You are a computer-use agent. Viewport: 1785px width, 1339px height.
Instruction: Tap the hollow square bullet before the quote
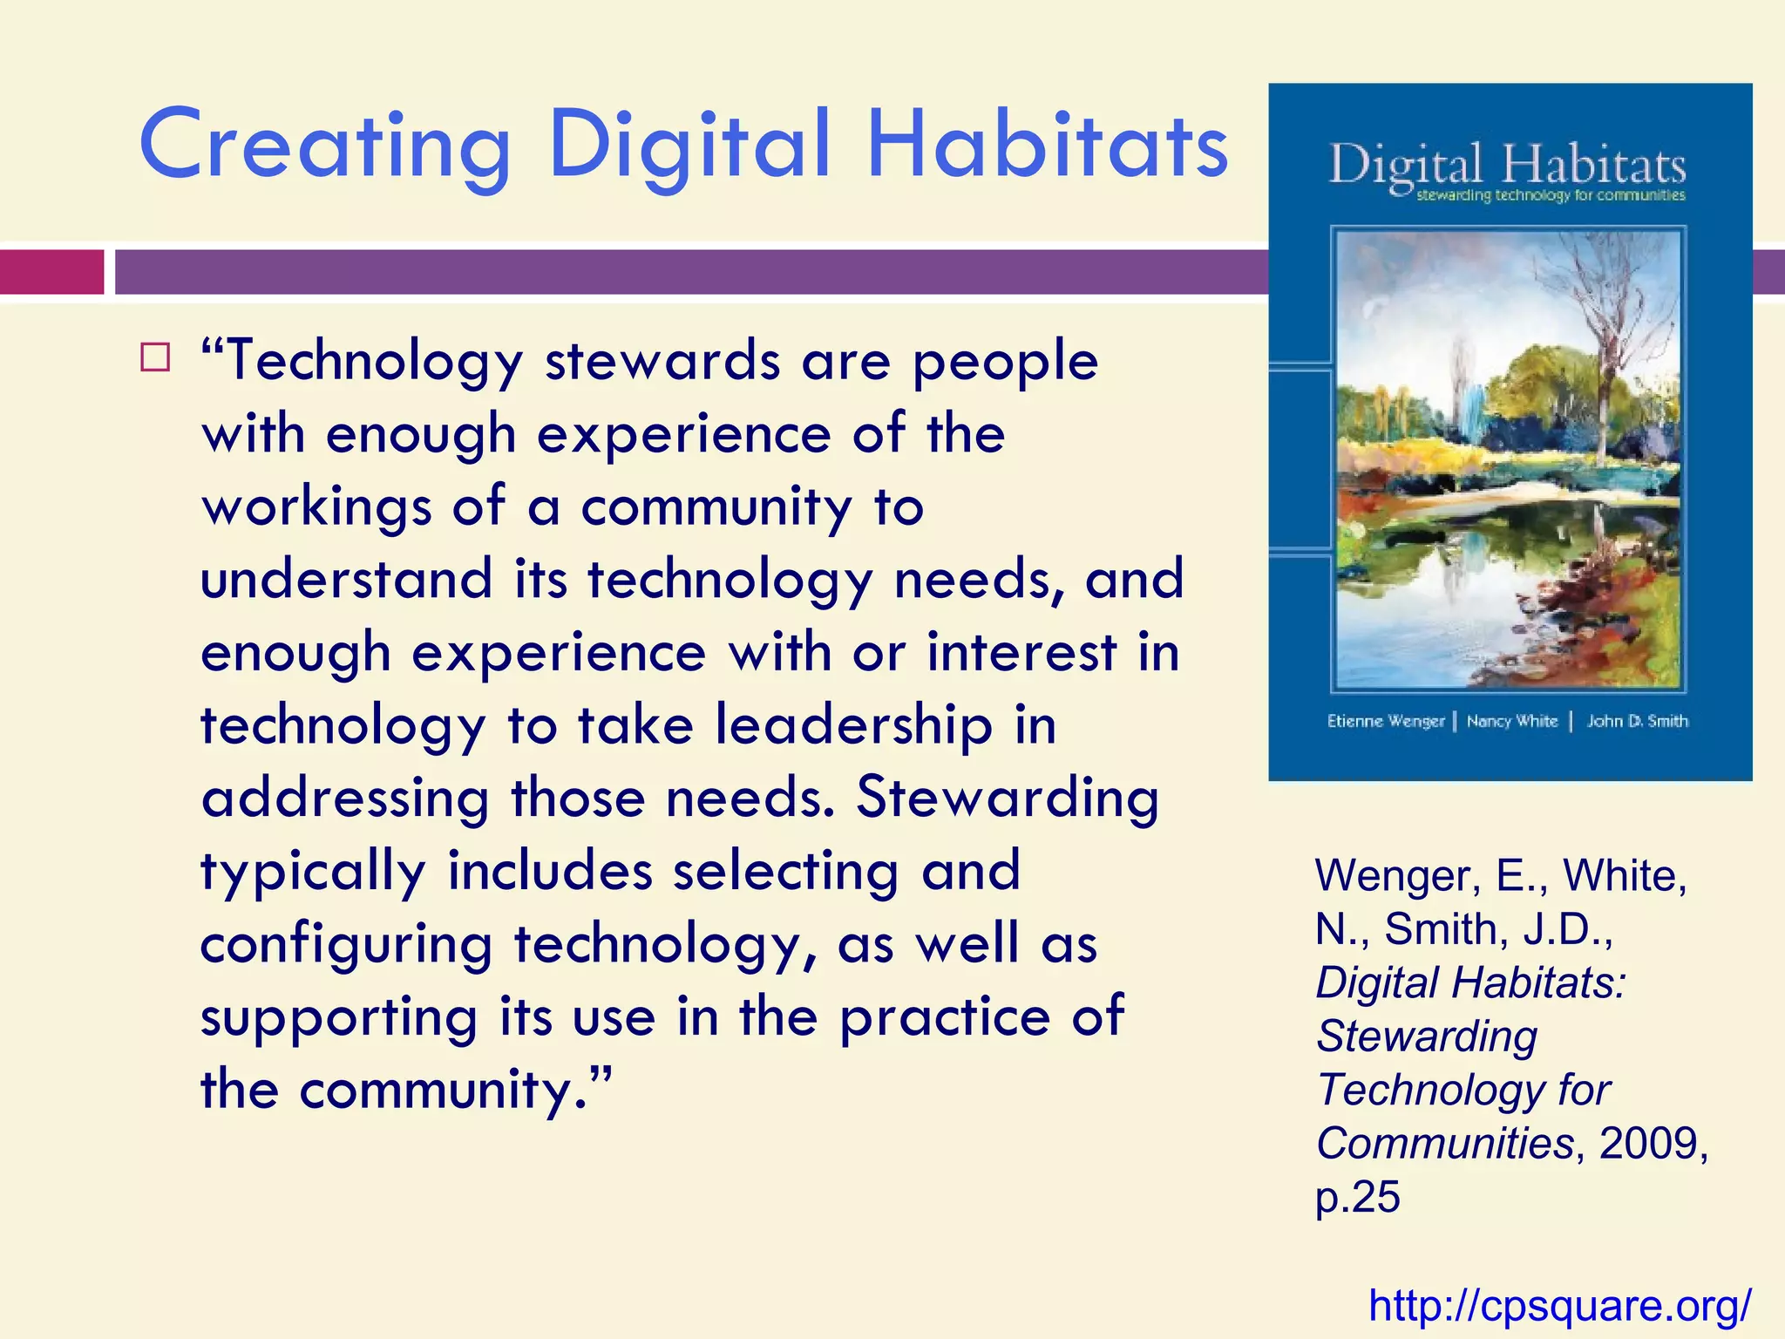coord(154,357)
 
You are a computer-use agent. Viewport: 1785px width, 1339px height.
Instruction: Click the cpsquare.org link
coord(1559,1305)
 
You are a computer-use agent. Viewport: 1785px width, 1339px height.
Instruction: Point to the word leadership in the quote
coord(853,725)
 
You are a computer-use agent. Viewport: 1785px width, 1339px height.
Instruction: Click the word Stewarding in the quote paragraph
coord(1007,798)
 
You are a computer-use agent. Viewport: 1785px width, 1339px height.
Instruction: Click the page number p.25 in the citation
coord(1357,1196)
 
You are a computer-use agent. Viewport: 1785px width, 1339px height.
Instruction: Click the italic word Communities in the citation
coord(1444,1143)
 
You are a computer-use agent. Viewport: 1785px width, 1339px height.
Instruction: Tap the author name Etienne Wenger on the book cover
coord(1385,721)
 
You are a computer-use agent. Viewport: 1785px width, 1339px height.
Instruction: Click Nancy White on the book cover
coord(1511,721)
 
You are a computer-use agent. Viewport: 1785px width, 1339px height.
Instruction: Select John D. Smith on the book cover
coord(1637,721)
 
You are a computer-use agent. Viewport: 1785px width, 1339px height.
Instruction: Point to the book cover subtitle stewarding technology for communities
coord(1550,195)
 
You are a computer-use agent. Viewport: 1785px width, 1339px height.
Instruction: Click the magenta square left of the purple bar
coord(51,272)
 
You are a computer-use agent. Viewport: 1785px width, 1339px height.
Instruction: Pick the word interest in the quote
coord(1021,653)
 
